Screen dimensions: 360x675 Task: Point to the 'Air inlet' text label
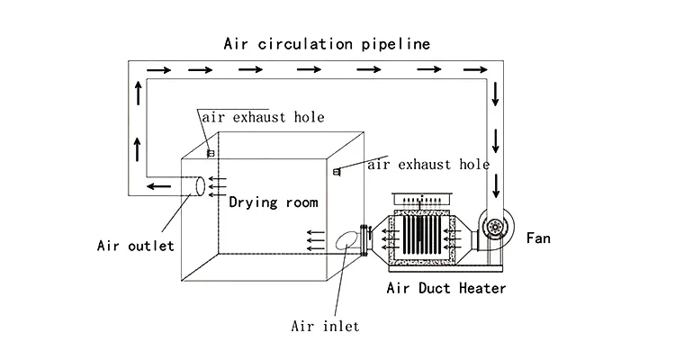click(x=324, y=325)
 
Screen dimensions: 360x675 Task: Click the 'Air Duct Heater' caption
click(x=445, y=289)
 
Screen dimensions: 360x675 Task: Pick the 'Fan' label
click(x=539, y=238)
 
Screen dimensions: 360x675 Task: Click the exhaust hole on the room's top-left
click(x=210, y=153)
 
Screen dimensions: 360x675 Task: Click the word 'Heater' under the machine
click(x=481, y=289)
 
